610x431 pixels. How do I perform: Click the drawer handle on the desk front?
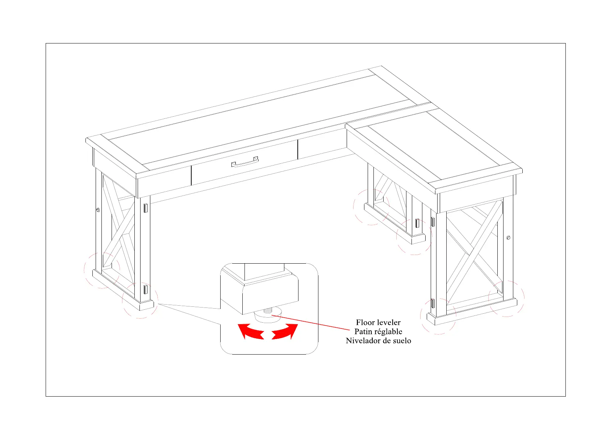[x=245, y=163]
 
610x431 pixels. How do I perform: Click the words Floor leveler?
[x=378, y=322]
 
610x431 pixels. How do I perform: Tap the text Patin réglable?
[x=378, y=331]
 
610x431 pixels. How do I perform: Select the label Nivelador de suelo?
[x=378, y=340]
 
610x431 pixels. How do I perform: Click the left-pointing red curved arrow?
[x=250, y=331]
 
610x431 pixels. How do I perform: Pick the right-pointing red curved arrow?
[x=285, y=331]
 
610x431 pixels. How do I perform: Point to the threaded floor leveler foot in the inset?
[x=268, y=314]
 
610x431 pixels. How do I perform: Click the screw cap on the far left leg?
[x=98, y=210]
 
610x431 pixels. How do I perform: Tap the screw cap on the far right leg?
[x=508, y=238]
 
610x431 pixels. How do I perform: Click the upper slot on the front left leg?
[x=145, y=208]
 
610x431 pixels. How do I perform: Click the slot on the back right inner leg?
[x=417, y=223]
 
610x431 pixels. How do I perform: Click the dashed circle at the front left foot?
[x=140, y=301]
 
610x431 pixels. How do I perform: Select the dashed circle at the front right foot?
[x=438, y=316]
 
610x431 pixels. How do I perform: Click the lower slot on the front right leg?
[x=433, y=304]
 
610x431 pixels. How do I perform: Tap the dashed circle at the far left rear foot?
[x=102, y=270]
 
